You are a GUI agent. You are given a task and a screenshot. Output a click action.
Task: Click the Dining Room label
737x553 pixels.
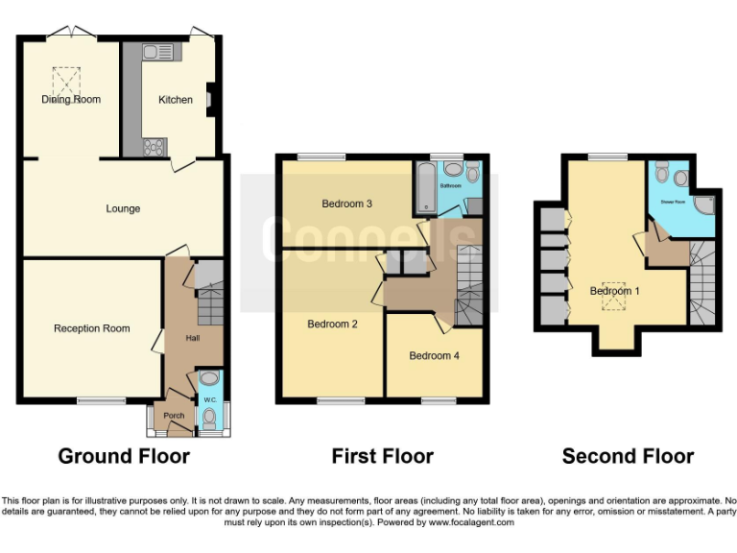pos(71,100)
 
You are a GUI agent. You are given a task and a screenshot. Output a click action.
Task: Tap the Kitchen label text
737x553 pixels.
pos(175,100)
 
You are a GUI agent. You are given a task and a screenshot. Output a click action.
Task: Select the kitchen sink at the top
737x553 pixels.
pos(156,53)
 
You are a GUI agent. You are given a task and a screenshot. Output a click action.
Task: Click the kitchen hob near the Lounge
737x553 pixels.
pos(154,147)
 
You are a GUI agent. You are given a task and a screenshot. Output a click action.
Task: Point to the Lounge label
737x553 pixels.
pos(123,208)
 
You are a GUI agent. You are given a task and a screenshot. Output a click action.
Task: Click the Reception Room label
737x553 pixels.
pos(91,328)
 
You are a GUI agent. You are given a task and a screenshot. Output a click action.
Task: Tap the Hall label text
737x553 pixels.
pos(180,338)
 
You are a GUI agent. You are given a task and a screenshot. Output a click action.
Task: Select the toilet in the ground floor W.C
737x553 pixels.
pos(210,417)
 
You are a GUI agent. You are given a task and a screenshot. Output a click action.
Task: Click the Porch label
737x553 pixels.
pos(174,416)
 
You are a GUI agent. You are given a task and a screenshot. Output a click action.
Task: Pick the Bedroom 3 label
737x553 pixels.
pos(346,204)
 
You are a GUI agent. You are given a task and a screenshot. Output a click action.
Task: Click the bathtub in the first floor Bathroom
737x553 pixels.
pos(423,188)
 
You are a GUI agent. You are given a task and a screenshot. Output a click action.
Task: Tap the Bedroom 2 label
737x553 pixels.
pos(332,325)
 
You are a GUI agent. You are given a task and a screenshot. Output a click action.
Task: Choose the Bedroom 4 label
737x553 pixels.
pos(434,356)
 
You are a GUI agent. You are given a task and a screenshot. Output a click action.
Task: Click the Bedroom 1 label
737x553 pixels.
pos(610,291)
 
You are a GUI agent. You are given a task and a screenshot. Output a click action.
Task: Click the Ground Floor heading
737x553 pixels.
pos(124,456)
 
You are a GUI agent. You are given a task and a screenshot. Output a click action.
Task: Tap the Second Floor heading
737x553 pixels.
pos(628,456)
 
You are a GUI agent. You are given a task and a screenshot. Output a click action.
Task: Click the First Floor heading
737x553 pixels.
pos(382,456)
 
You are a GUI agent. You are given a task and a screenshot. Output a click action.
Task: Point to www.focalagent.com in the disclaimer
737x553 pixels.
pos(470,523)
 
